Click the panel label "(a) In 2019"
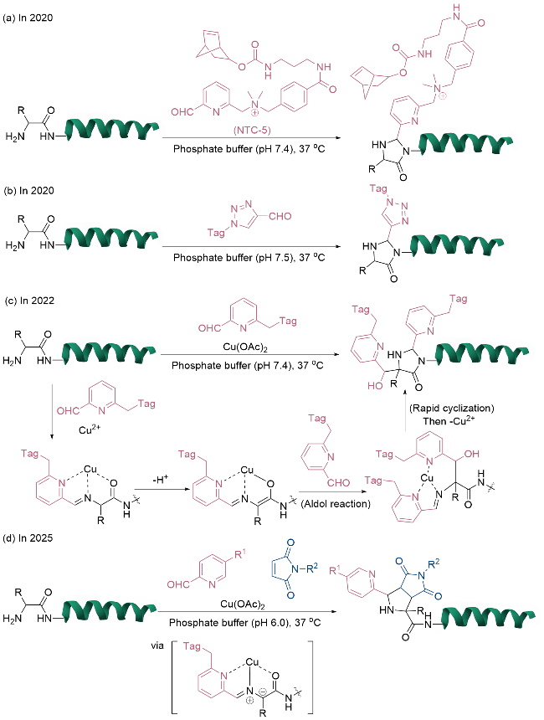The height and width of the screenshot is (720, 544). [28, 9]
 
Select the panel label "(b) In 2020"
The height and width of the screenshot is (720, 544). [28, 191]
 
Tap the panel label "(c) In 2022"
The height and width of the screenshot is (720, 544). [28, 298]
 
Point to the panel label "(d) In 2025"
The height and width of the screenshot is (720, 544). [28, 537]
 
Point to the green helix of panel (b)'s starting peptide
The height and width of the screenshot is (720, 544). [109, 238]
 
